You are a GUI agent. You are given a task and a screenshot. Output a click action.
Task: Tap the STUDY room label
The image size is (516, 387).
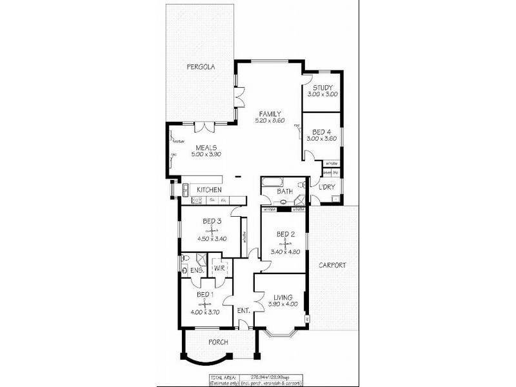[x=322, y=88]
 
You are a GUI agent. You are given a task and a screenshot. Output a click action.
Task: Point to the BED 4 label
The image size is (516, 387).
[x=322, y=132]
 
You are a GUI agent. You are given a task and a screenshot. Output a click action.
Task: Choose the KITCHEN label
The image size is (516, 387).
[x=210, y=190]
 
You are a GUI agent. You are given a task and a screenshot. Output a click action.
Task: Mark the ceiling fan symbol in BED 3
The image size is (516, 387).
[x=212, y=230]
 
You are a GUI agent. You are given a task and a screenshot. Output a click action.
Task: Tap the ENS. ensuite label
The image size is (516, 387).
[x=196, y=270]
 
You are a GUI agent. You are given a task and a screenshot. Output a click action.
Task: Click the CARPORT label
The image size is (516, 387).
[x=332, y=265]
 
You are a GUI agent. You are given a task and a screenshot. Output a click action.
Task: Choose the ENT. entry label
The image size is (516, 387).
[x=243, y=311]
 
